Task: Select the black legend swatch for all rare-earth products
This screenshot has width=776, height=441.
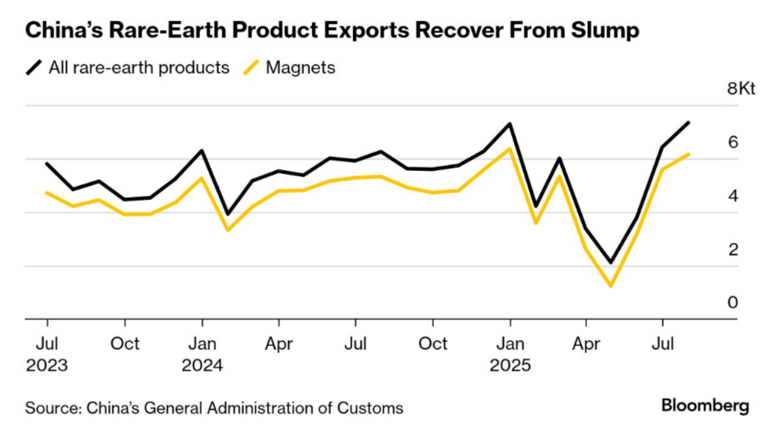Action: tap(35, 68)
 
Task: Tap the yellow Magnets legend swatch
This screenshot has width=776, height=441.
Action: tap(252, 68)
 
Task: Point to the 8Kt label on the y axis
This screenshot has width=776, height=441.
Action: tap(741, 89)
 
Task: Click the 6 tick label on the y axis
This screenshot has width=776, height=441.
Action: tap(733, 142)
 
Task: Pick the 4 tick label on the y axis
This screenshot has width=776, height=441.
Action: tap(733, 195)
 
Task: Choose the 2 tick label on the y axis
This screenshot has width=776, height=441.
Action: tap(733, 250)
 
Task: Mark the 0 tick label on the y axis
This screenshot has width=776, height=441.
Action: tap(733, 303)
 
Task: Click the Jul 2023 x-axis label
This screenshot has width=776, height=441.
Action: tap(46, 354)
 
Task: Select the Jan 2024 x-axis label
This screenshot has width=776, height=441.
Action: tap(202, 354)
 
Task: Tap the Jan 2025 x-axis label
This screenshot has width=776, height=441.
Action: tap(510, 354)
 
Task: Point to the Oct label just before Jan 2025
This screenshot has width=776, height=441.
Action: tap(432, 344)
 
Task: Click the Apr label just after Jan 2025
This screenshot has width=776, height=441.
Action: tap(585, 344)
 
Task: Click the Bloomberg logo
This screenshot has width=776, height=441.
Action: tap(705, 406)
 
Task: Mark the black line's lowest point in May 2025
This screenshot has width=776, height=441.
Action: tap(610, 263)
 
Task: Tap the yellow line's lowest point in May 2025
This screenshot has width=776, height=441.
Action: tap(610, 286)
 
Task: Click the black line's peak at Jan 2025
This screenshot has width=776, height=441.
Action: tap(510, 124)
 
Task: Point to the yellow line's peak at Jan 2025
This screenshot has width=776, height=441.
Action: tap(510, 148)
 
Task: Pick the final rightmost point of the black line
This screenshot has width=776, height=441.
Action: tap(688, 122)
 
